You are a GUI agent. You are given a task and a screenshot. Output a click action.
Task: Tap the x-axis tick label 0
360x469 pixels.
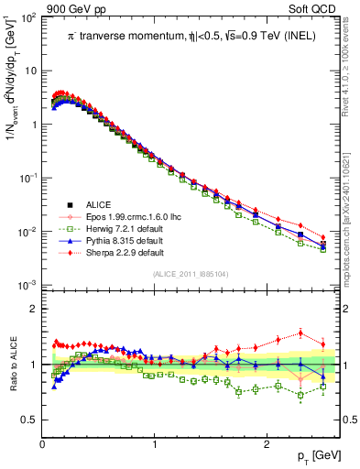click(x=42, y=444)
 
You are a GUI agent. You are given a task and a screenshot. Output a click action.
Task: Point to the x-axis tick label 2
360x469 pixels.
click(x=266, y=444)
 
